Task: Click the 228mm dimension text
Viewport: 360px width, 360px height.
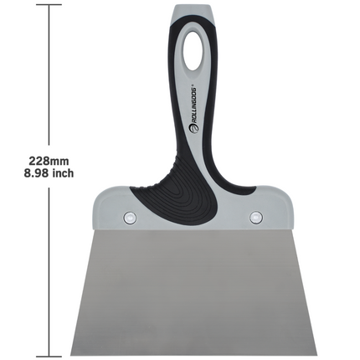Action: click(x=47, y=160)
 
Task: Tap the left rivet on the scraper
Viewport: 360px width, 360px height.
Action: click(x=130, y=218)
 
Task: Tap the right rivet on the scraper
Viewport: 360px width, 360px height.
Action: click(x=254, y=218)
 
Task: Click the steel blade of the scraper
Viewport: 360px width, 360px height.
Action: click(x=193, y=285)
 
